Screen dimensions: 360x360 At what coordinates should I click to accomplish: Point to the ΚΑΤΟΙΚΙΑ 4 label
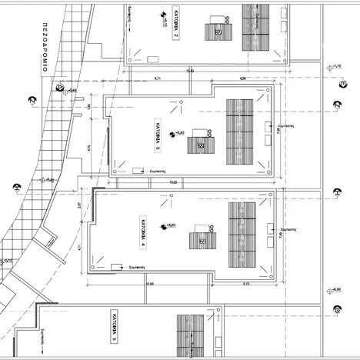pyautogui.click(x=143, y=232)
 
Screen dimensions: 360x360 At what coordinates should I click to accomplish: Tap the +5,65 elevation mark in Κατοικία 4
pyautogui.click(x=170, y=225)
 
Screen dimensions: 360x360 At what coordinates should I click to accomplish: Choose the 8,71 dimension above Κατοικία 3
pyautogui.click(x=158, y=78)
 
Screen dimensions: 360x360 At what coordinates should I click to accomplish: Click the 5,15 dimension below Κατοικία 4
pyautogui.click(x=245, y=284)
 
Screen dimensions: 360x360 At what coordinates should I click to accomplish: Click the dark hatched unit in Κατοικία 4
pyautogui.click(x=204, y=237)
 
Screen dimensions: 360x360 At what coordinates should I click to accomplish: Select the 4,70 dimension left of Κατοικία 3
pyautogui.click(x=90, y=147)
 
